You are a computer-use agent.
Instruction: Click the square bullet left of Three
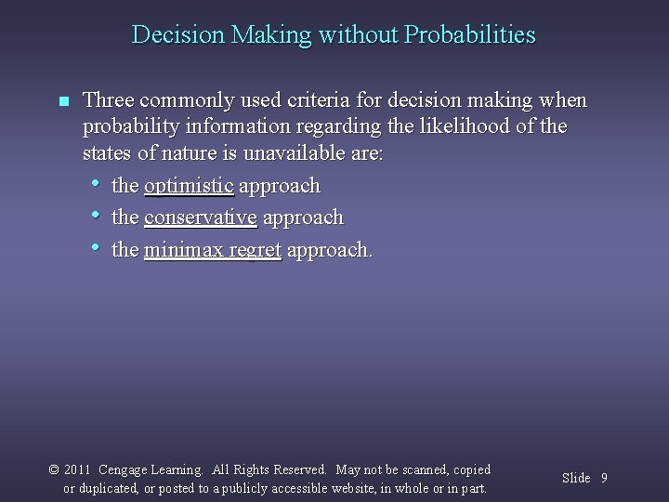[62, 101]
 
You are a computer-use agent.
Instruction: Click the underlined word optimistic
[189, 186]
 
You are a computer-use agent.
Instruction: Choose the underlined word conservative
[201, 218]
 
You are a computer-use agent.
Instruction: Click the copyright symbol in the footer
[54, 470]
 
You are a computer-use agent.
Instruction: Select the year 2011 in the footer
[77, 470]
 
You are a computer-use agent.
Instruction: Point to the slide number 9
[604, 478]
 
